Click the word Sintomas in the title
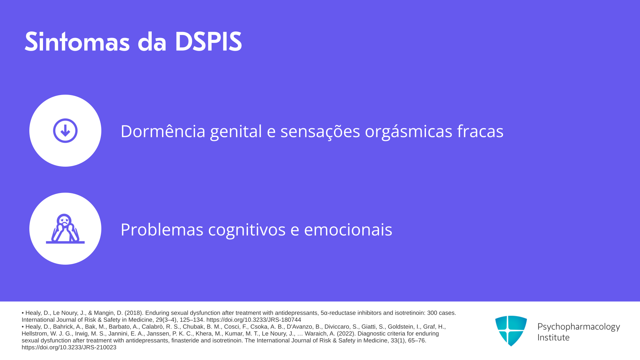(x=77, y=41)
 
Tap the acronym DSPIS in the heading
(x=208, y=41)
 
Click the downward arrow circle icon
(x=65, y=131)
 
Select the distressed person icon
(x=65, y=229)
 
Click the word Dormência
(x=163, y=131)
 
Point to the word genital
(x=236, y=131)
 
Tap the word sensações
(x=320, y=131)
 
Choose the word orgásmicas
(x=409, y=131)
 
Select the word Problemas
(x=162, y=229)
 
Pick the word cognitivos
(x=247, y=229)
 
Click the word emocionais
(x=348, y=229)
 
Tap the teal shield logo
(x=511, y=331)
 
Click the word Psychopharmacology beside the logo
(x=579, y=327)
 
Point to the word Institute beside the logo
(x=553, y=337)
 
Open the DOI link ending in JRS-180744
(x=254, y=320)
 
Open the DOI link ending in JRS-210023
(x=69, y=347)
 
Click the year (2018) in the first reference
(x=134, y=313)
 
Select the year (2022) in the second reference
(x=346, y=334)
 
